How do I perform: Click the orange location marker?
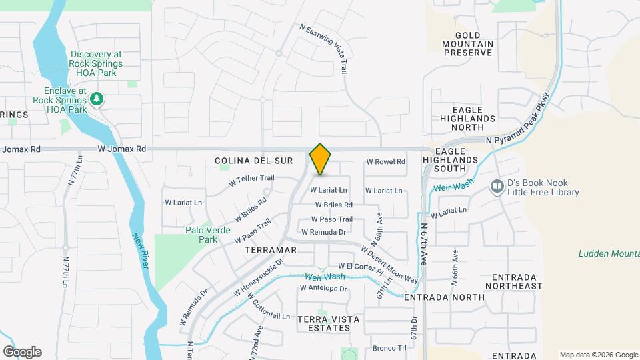(321, 159)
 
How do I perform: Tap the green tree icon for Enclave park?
(97, 99)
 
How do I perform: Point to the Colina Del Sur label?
(245, 161)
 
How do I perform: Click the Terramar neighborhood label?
(270, 249)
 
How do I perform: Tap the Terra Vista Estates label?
(324, 323)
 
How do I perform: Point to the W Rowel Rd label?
(386, 162)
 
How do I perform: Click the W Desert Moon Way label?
(389, 264)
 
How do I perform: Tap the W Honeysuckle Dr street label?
(259, 277)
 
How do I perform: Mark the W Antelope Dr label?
(323, 289)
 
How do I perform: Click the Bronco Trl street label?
(389, 348)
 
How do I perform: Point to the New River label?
(140, 251)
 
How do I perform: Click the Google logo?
(22, 352)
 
